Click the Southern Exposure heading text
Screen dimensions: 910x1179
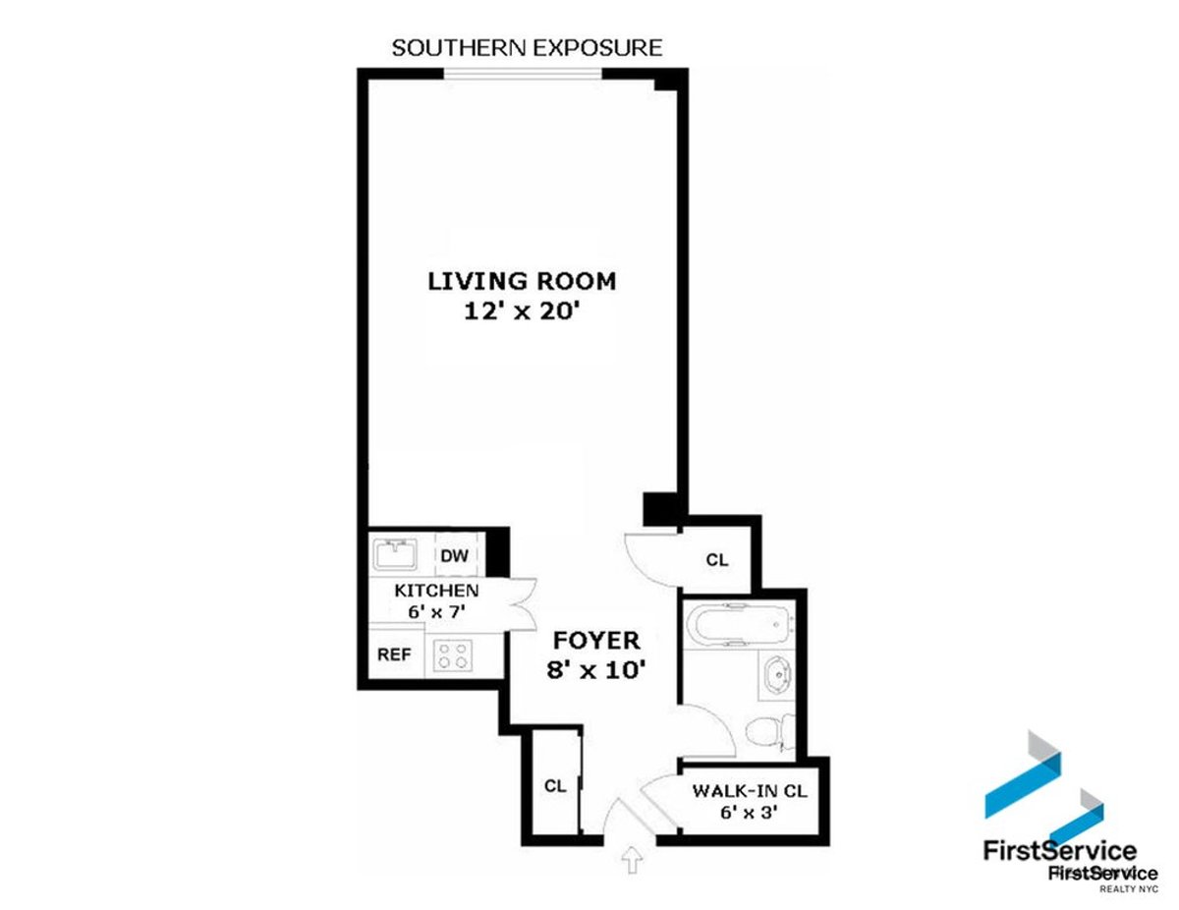point(527,47)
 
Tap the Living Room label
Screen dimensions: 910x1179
point(522,281)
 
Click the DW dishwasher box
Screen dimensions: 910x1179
point(453,555)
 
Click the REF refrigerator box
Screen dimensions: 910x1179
point(395,654)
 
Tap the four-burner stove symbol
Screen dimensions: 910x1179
point(453,654)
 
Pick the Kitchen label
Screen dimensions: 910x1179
point(436,591)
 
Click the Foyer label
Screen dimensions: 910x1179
point(596,641)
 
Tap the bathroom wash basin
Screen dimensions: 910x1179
point(775,677)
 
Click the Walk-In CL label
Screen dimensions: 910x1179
point(750,791)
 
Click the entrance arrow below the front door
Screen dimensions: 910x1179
point(631,862)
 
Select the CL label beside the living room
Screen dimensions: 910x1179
point(717,560)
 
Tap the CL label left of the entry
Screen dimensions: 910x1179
point(555,786)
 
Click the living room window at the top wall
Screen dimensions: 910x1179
point(523,74)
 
